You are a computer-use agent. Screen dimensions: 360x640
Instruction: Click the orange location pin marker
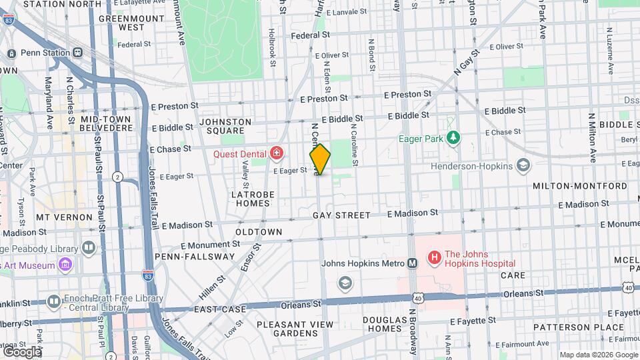320,159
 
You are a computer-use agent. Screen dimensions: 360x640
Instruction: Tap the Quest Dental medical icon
276,154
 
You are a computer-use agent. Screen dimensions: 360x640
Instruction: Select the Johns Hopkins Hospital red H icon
434,257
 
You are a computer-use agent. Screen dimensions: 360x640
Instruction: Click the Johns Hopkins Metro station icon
413,263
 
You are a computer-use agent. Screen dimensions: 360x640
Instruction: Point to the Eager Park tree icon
453,138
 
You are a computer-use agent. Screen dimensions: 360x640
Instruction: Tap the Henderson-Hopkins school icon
523,165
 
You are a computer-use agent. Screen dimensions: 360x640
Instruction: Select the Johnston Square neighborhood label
225,126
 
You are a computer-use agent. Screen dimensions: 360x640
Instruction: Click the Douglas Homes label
383,324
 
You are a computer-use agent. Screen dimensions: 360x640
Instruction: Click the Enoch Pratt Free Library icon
54,301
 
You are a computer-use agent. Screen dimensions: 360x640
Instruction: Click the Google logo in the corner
21,351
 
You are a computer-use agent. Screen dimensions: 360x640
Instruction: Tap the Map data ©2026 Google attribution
597,355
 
